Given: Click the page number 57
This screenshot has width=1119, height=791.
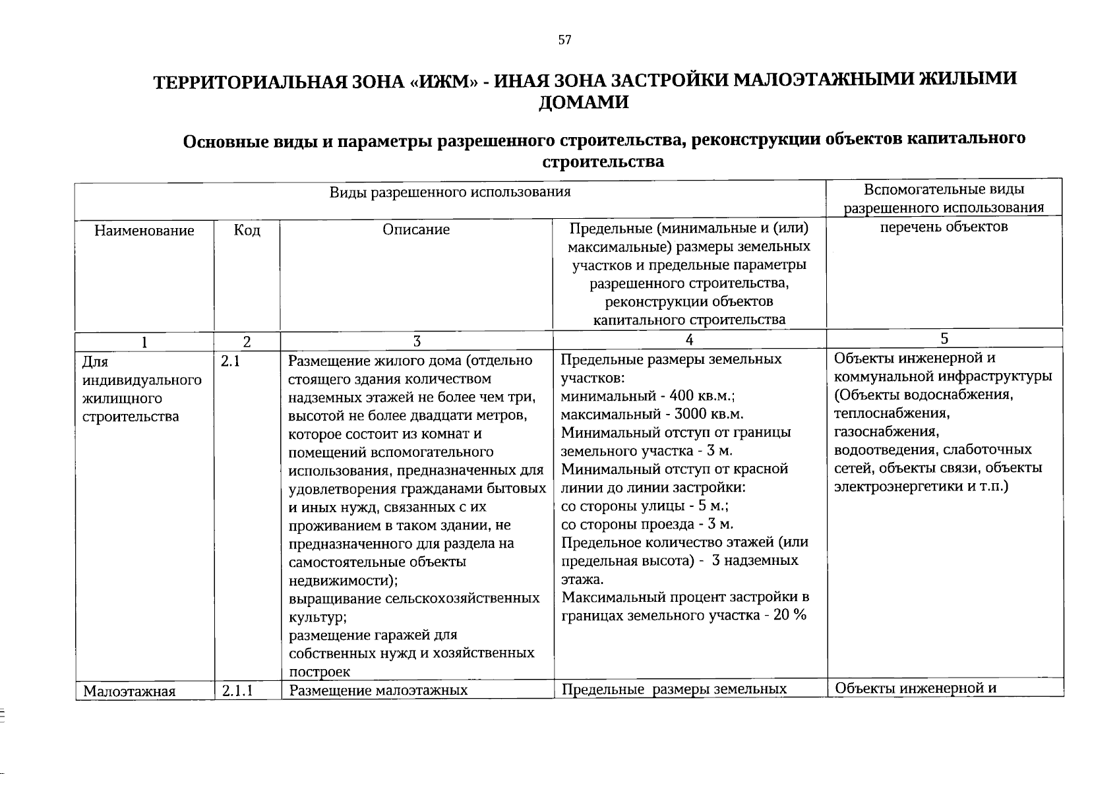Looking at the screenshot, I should [x=564, y=40].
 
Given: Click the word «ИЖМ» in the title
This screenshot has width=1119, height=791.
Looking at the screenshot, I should [x=442, y=81].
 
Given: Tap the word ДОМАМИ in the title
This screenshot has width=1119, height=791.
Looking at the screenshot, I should [x=584, y=103].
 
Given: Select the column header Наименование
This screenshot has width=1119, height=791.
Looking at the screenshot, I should [x=144, y=231].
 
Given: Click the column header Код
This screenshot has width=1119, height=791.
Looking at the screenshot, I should [x=247, y=231].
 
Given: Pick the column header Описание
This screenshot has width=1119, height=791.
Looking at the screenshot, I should [x=416, y=229].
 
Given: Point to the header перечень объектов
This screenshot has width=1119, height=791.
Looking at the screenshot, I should [x=944, y=227].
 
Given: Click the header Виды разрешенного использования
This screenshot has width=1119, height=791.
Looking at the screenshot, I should [x=450, y=192].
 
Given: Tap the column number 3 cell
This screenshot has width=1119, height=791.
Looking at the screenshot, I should [x=416, y=341].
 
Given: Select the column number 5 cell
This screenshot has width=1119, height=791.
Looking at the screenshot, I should [x=944, y=339].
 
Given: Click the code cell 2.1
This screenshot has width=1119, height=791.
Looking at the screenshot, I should [x=231, y=361].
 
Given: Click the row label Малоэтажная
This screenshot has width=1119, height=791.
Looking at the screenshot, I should [x=129, y=691].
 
